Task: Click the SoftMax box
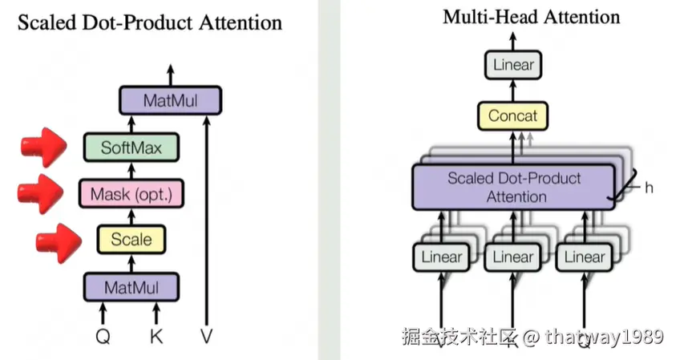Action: tap(132, 148)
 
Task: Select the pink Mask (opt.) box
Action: tap(132, 193)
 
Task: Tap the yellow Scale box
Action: tap(132, 239)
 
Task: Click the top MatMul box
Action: tap(169, 101)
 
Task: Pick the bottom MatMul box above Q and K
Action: tap(132, 286)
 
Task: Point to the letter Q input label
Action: tap(103, 337)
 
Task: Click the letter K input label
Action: tap(156, 337)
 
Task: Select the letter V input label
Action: tap(207, 337)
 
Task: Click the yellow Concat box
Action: tap(512, 116)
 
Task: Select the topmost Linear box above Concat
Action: tap(512, 65)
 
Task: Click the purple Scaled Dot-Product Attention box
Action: tap(513, 186)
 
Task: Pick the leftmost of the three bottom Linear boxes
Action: tap(442, 257)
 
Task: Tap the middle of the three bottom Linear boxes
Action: tap(512, 257)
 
